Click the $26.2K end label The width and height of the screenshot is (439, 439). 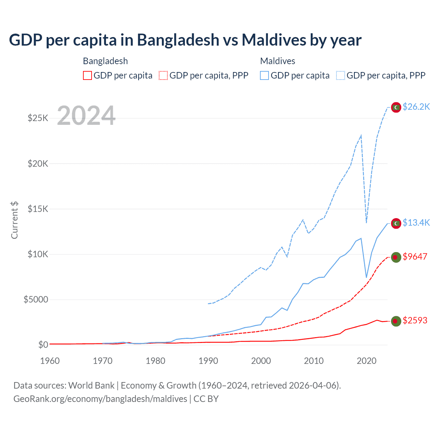click(416, 107)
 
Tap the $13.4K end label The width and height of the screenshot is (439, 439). click(416, 223)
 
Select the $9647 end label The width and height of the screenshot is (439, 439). click(415, 257)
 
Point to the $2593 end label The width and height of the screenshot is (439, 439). click(415, 320)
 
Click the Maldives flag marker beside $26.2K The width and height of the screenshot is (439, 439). click(396, 107)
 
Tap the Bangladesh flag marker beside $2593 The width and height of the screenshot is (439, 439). click(396, 321)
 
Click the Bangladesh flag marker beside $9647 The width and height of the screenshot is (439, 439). click(396, 257)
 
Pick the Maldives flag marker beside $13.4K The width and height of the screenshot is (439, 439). click(396, 223)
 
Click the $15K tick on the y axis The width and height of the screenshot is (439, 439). click(38, 209)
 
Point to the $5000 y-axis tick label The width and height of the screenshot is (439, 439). click(36, 300)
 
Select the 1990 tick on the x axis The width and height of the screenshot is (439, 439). click(208, 361)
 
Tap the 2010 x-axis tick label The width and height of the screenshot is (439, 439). click(314, 361)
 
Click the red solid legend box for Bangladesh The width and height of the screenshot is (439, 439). click(87, 75)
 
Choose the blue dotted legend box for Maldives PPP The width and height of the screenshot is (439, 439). click(341, 75)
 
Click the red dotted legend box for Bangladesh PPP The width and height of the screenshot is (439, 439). click(163, 75)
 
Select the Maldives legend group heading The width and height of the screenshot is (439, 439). click(277, 61)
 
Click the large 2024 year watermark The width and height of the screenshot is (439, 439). click(86, 116)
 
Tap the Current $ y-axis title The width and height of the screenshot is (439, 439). click(14, 220)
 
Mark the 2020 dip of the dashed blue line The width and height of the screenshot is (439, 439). click(367, 223)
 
